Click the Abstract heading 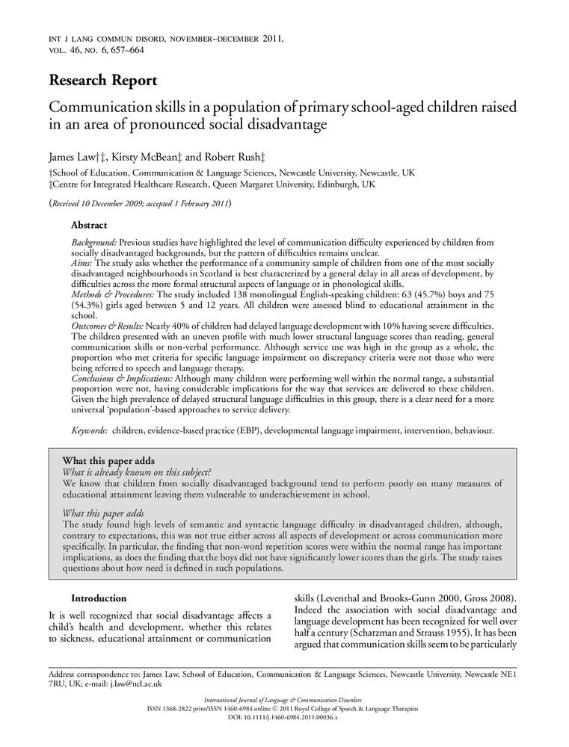pyautogui.click(x=89, y=225)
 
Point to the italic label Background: pyautogui.click(x=94, y=244)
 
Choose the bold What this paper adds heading pyautogui.click(x=108, y=460)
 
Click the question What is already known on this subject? pyautogui.click(x=137, y=472)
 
